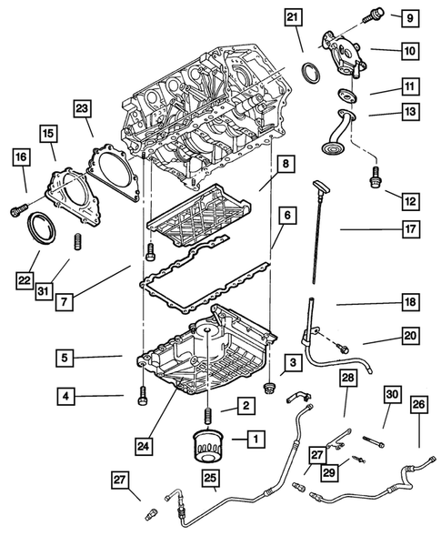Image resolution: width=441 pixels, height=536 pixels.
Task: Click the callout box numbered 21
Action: click(293, 16)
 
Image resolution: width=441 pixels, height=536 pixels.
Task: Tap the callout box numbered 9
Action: click(410, 17)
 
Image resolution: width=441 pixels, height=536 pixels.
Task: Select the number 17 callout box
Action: click(410, 229)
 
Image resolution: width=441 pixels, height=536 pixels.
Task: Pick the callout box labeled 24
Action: click(144, 446)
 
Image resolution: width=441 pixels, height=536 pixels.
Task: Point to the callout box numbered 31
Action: click(44, 291)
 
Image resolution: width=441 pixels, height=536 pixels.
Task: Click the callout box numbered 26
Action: click(419, 404)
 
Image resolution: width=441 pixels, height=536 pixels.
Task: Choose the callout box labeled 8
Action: click(286, 164)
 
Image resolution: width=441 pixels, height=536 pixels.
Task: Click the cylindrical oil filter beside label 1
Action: click(208, 446)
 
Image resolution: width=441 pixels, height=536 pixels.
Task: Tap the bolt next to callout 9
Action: click(373, 14)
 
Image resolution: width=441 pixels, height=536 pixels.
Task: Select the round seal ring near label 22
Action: click(41, 228)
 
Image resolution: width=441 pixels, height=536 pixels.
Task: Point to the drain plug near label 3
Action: click(269, 388)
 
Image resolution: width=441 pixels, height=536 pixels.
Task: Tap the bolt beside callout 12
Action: click(376, 177)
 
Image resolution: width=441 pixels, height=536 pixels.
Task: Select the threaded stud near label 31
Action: click(78, 241)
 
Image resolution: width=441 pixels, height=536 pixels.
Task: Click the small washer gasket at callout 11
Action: click(347, 96)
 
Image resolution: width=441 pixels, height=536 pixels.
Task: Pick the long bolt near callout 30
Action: click(374, 441)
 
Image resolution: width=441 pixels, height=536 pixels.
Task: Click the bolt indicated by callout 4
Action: click(143, 396)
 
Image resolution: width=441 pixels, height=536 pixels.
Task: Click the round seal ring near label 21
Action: click(311, 73)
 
